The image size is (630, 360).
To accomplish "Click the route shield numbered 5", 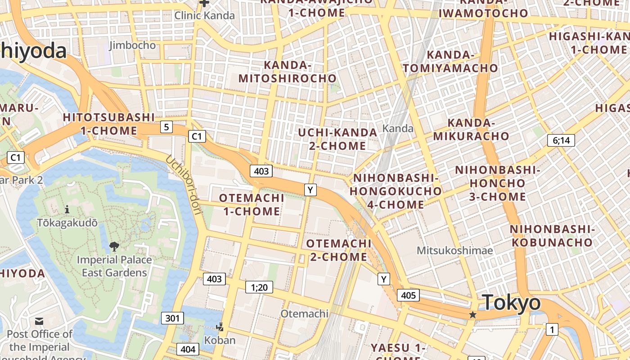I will [x=166, y=127].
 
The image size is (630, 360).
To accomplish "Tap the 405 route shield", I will [x=408, y=295].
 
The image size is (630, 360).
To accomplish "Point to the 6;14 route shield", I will [x=561, y=140].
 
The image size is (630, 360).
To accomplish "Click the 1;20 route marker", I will [x=259, y=287].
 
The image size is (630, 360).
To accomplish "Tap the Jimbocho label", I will [x=132, y=45].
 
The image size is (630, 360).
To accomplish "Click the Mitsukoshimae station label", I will [x=454, y=250].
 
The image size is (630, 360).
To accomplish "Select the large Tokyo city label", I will [x=511, y=302].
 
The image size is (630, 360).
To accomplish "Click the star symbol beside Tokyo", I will [x=472, y=315].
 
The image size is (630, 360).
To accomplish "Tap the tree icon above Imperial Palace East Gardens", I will [x=114, y=246].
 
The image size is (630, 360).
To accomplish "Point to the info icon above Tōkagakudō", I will [x=67, y=209].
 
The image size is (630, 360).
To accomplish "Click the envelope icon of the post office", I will [x=39, y=321].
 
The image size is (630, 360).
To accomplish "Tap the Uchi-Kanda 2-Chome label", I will [x=337, y=139].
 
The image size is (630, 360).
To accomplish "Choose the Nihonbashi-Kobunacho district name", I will [x=552, y=236].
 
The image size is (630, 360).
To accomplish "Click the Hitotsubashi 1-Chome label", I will [x=109, y=124].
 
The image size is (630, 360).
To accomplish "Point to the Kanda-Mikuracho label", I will [x=471, y=130].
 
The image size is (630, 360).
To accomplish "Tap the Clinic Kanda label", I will [x=204, y=16].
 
